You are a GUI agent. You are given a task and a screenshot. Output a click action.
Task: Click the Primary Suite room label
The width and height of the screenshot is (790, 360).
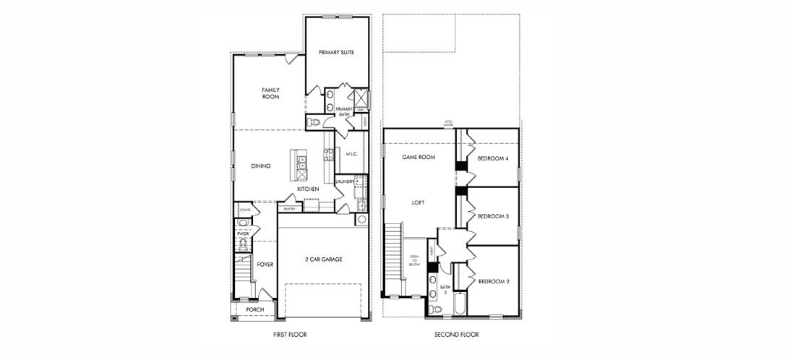336,52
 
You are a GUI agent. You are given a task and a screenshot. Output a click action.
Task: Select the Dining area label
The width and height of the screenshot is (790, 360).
261,166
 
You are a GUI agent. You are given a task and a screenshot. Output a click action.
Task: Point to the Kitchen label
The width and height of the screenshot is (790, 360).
308,189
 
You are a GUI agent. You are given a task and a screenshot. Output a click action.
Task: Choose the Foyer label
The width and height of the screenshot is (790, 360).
265,265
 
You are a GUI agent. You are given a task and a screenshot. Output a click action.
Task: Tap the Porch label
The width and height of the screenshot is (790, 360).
254,309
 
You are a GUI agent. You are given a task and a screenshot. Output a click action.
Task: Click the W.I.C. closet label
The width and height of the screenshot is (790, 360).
352,154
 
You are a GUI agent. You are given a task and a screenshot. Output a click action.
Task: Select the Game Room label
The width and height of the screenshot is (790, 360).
418,157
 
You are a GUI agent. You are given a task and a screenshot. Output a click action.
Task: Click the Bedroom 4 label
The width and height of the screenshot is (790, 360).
493,158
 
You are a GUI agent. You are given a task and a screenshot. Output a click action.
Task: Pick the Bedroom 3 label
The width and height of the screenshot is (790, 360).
493,216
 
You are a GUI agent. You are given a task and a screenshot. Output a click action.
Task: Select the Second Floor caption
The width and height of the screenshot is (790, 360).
457,335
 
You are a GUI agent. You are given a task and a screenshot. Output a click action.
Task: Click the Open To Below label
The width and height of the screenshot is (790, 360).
414,260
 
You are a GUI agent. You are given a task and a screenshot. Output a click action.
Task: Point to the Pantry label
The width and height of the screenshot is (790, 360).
290,209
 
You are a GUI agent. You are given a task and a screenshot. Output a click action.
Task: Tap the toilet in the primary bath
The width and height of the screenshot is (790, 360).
312,123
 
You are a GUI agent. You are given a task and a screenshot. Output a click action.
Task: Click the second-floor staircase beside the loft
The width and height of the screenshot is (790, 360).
393,260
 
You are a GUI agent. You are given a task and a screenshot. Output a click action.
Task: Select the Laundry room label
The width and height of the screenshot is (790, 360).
345,181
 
